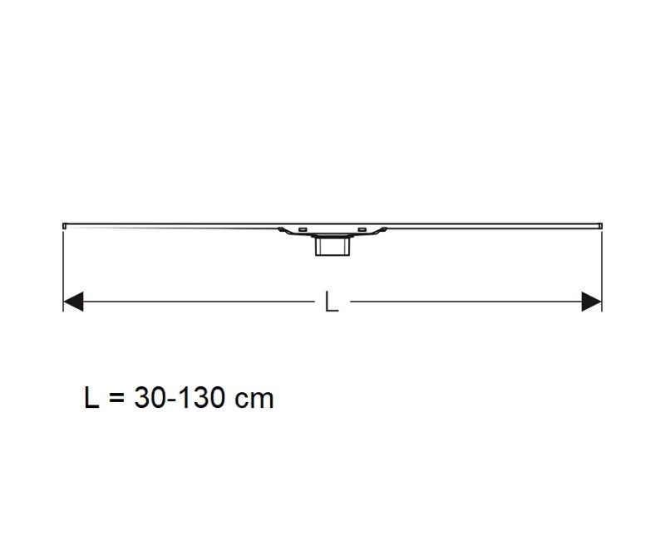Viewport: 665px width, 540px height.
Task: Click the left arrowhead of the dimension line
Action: [73, 302]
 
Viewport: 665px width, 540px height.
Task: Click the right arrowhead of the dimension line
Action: [592, 302]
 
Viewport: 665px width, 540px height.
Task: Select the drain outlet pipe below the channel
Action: [332, 247]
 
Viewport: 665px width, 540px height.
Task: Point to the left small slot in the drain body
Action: [303, 228]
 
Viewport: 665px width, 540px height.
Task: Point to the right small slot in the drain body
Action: [362, 228]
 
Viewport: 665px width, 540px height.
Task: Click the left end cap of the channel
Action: [65, 224]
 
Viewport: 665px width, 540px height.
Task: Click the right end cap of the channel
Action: [600, 224]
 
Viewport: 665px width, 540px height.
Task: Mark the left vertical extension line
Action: [63, 266]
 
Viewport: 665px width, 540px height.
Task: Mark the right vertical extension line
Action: [602, 266]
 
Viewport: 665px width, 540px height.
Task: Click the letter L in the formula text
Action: [91, 398]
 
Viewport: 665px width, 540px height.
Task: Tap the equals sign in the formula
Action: [116, 399]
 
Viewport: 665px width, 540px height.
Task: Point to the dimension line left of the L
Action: [199, 302]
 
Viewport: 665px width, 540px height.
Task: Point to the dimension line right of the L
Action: [465, 302]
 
